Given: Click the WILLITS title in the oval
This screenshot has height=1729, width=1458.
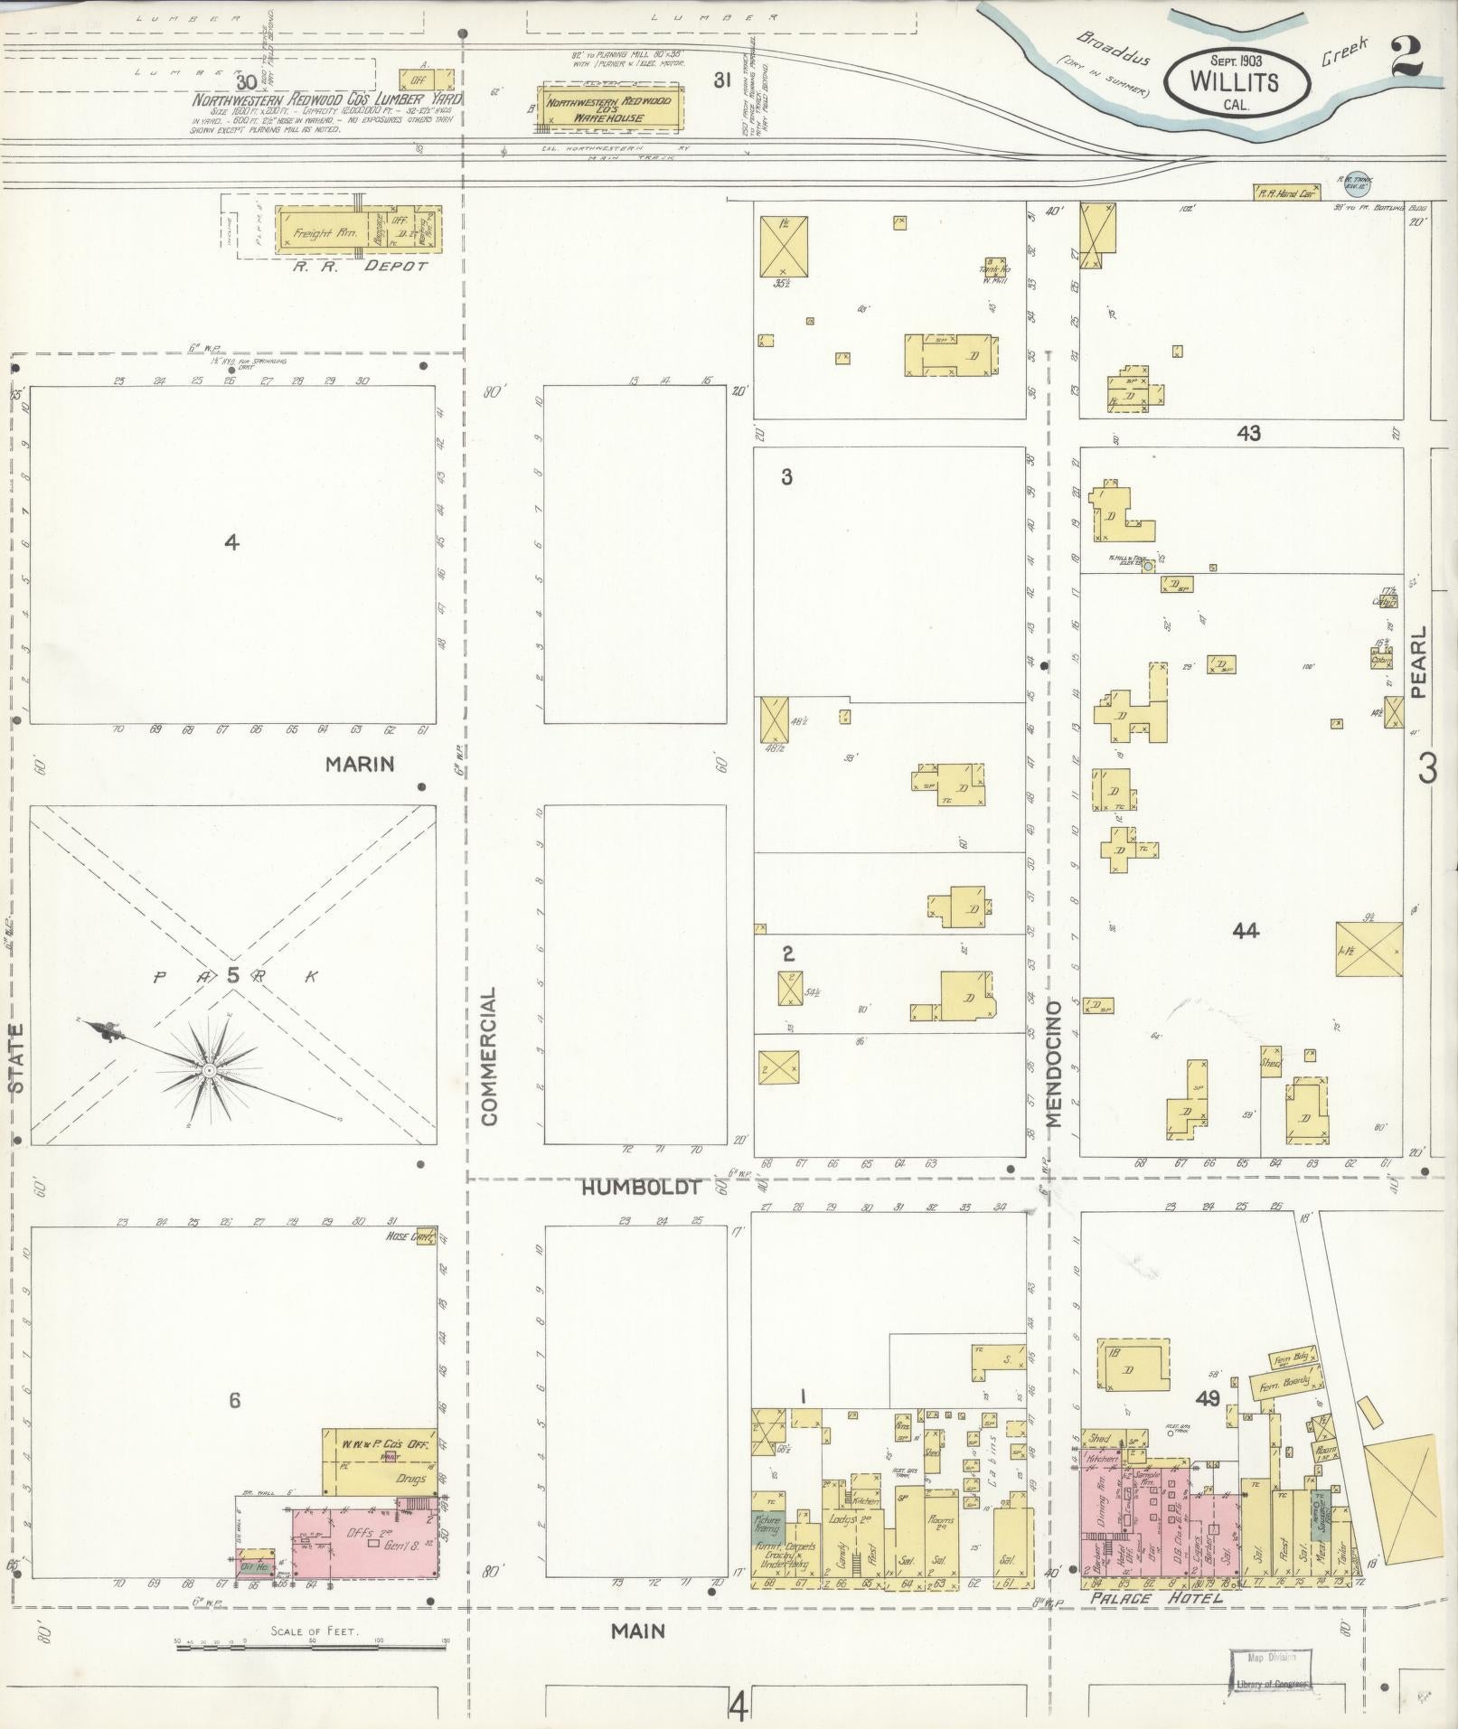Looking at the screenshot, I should click(1235, 82).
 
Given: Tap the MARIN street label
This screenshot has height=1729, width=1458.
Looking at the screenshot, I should click(360, 765).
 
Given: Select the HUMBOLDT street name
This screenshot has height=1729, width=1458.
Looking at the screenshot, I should click(641, 1188).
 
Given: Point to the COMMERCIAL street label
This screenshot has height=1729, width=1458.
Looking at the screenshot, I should click(490, 1056).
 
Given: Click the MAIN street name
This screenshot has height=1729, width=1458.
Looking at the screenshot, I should click(637, 1631).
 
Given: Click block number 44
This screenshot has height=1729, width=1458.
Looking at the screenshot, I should click(1246, 930).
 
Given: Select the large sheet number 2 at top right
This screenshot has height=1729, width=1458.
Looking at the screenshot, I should click(1408, 60).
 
